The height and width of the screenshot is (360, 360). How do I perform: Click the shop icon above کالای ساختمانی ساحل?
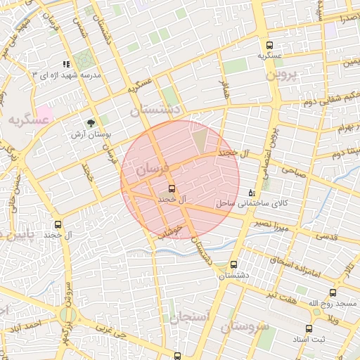pos(252,193)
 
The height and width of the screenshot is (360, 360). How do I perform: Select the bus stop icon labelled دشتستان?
pos(234,264)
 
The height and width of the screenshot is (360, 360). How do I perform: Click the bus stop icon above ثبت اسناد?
pos(308,328)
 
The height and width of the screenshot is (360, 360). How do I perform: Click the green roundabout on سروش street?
pos(67,314)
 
